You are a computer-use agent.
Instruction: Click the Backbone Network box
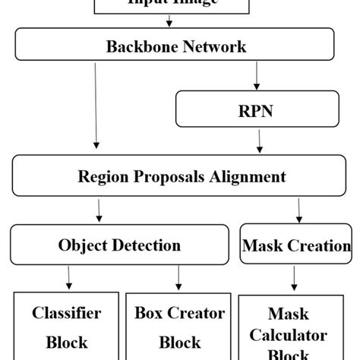(175, 47)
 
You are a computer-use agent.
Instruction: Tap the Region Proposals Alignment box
(182, 177)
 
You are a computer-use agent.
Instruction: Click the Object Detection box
(119, 245)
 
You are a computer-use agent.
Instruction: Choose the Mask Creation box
(296, 245)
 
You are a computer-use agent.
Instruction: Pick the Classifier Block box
(66, 327)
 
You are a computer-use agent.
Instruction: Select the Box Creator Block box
(179, 327)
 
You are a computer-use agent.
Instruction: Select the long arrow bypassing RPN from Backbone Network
(96, 106)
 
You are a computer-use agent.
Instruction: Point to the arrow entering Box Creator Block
(179, 276)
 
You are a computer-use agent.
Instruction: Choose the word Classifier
(66, 313)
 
